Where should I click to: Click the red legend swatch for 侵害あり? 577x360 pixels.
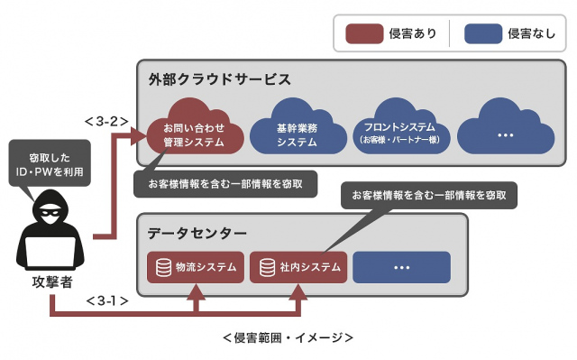[x=364, y=33]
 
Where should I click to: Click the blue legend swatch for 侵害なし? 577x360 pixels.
[x=482, y=33]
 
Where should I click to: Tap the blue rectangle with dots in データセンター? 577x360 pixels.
[x=401, y=267]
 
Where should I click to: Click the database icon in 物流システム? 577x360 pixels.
[x=164, y=267]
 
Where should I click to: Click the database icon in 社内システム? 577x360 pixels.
[x=267, y=267]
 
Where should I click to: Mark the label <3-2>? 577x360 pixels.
[x=105, y=120]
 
